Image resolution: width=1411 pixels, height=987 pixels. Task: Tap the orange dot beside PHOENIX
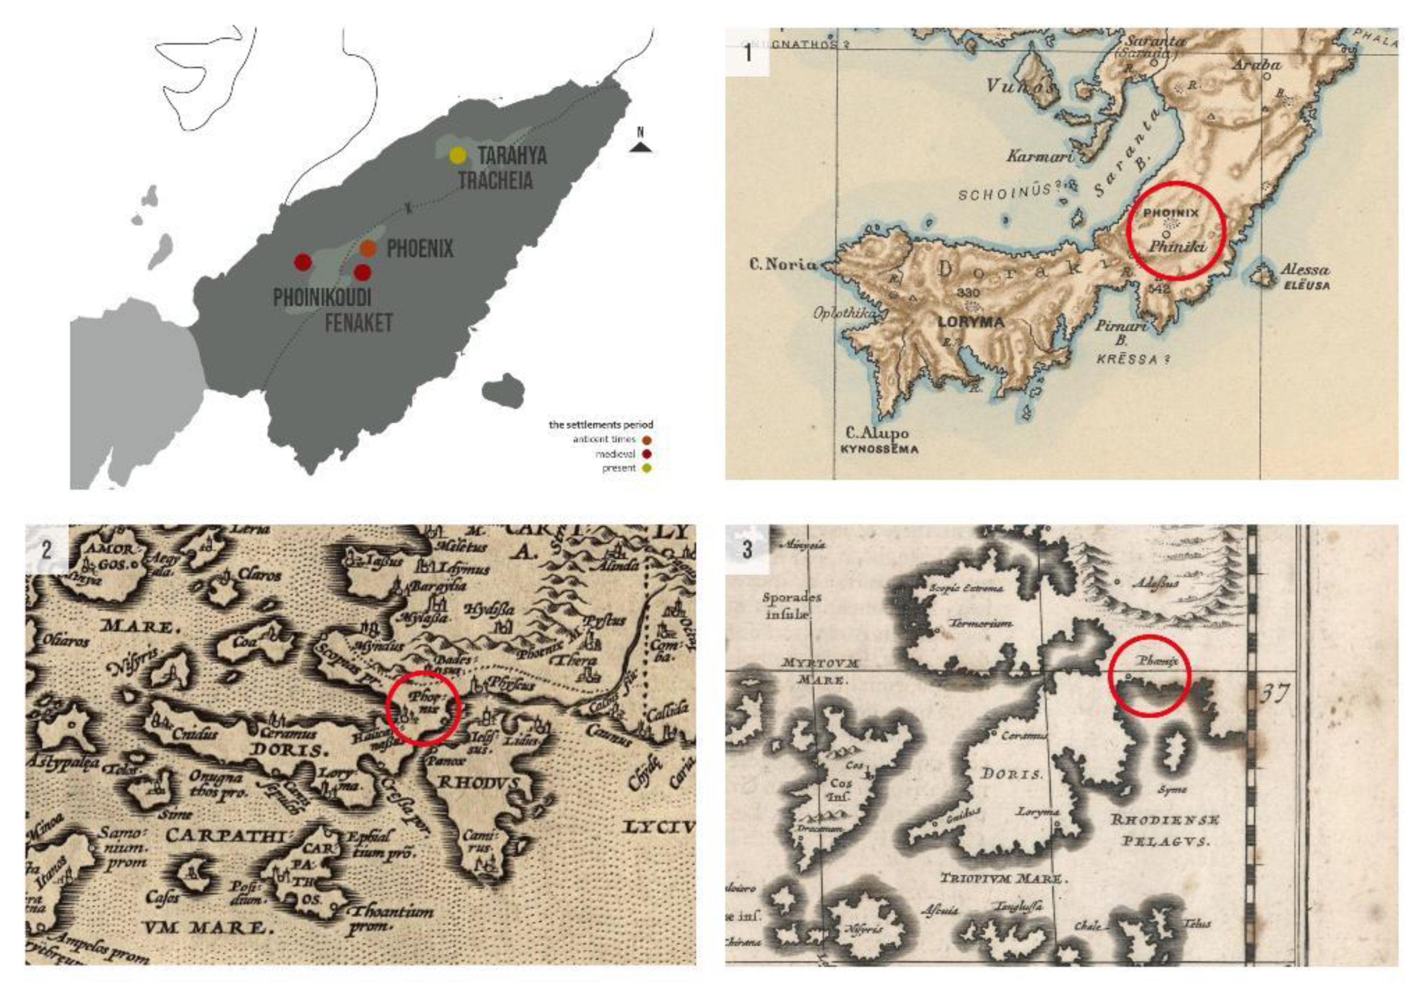[x=368, y=248]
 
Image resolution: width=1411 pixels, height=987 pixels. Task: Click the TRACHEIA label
[x=495, y=181]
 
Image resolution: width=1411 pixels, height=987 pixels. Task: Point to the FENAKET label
[x=358, y=323]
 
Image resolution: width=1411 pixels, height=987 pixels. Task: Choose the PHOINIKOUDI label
[x=322, y=298]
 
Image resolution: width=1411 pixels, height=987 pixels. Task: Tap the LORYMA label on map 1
[x=971, y=321]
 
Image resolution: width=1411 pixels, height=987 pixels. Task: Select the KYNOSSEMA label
[x=879, y=449]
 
